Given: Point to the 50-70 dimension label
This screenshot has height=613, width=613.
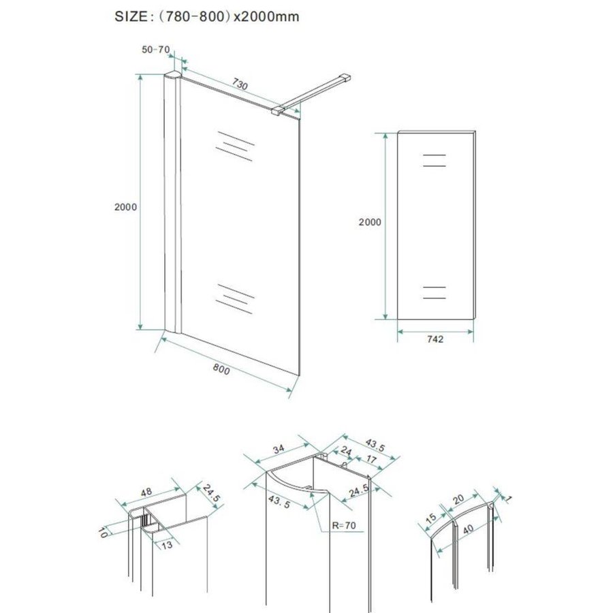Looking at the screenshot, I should [155, 50].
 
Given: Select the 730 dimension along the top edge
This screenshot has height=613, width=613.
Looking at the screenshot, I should [239, 84].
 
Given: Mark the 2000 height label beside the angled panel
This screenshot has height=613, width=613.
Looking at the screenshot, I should [126, 207].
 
